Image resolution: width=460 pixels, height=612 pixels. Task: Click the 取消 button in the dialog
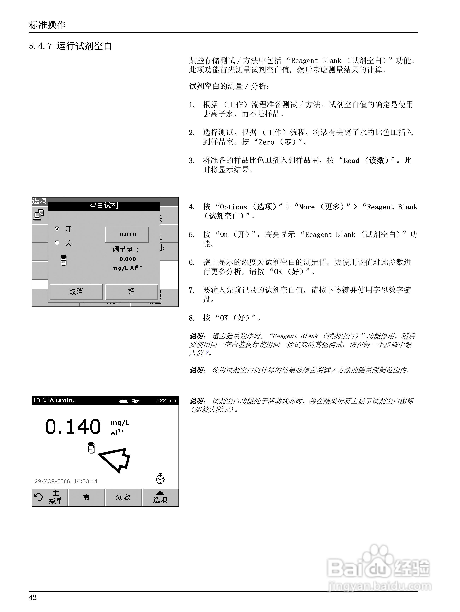pos(76,292)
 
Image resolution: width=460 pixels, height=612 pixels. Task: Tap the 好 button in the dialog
pos(131,292)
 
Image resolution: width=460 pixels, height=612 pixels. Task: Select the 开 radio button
pos(57,229)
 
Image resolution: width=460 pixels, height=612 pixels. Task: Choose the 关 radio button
pos(57,243)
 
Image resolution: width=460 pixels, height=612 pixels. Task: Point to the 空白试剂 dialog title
pos(104,206)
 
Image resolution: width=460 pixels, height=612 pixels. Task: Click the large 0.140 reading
pos(73,427)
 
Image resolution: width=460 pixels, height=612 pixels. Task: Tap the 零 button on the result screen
pos(87,497)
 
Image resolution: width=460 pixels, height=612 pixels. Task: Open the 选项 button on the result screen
pos(160,497)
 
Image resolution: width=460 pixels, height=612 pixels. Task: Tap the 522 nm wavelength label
pos(166,401)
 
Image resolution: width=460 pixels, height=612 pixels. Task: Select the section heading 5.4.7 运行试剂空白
pos(70,46)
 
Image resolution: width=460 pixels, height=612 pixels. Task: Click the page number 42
pos(33,598)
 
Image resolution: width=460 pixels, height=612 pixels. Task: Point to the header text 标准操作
pos(47,25)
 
